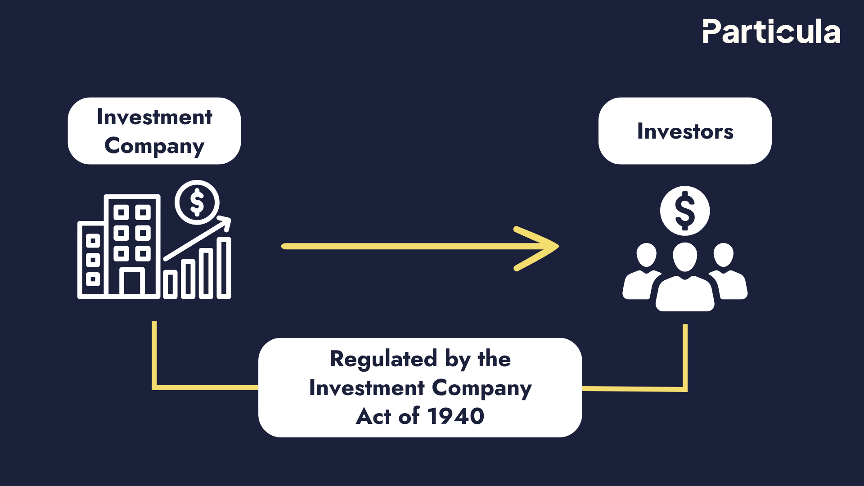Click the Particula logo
(771, 31)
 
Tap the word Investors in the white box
(685, 131)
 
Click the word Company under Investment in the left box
(154, 146)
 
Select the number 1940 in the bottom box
(455, 416)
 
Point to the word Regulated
(383, 359)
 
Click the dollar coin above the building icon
(197, 202)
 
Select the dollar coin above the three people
(684, 211)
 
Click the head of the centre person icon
(684, 256)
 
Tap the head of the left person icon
(647, 255)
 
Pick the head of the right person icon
(724, 255)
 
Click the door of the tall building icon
(132, 283)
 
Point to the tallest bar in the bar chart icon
(224, 268)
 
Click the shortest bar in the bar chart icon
(170, 284)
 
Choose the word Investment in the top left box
(154, 117)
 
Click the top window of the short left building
(93, 241)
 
